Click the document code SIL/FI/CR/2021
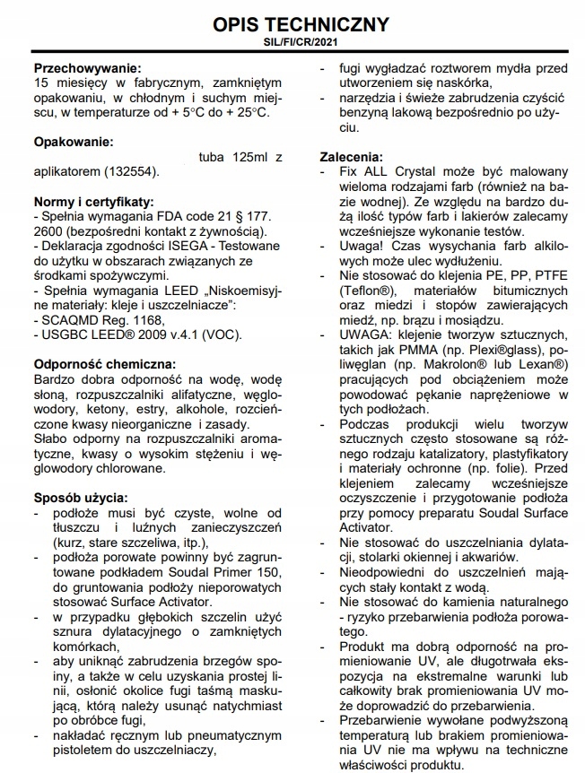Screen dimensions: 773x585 tap(294, 42)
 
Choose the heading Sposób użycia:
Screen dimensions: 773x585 tap(79, 498)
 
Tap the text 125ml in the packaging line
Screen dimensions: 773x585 tap(246, 157)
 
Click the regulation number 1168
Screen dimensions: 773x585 tap(143, 320)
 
